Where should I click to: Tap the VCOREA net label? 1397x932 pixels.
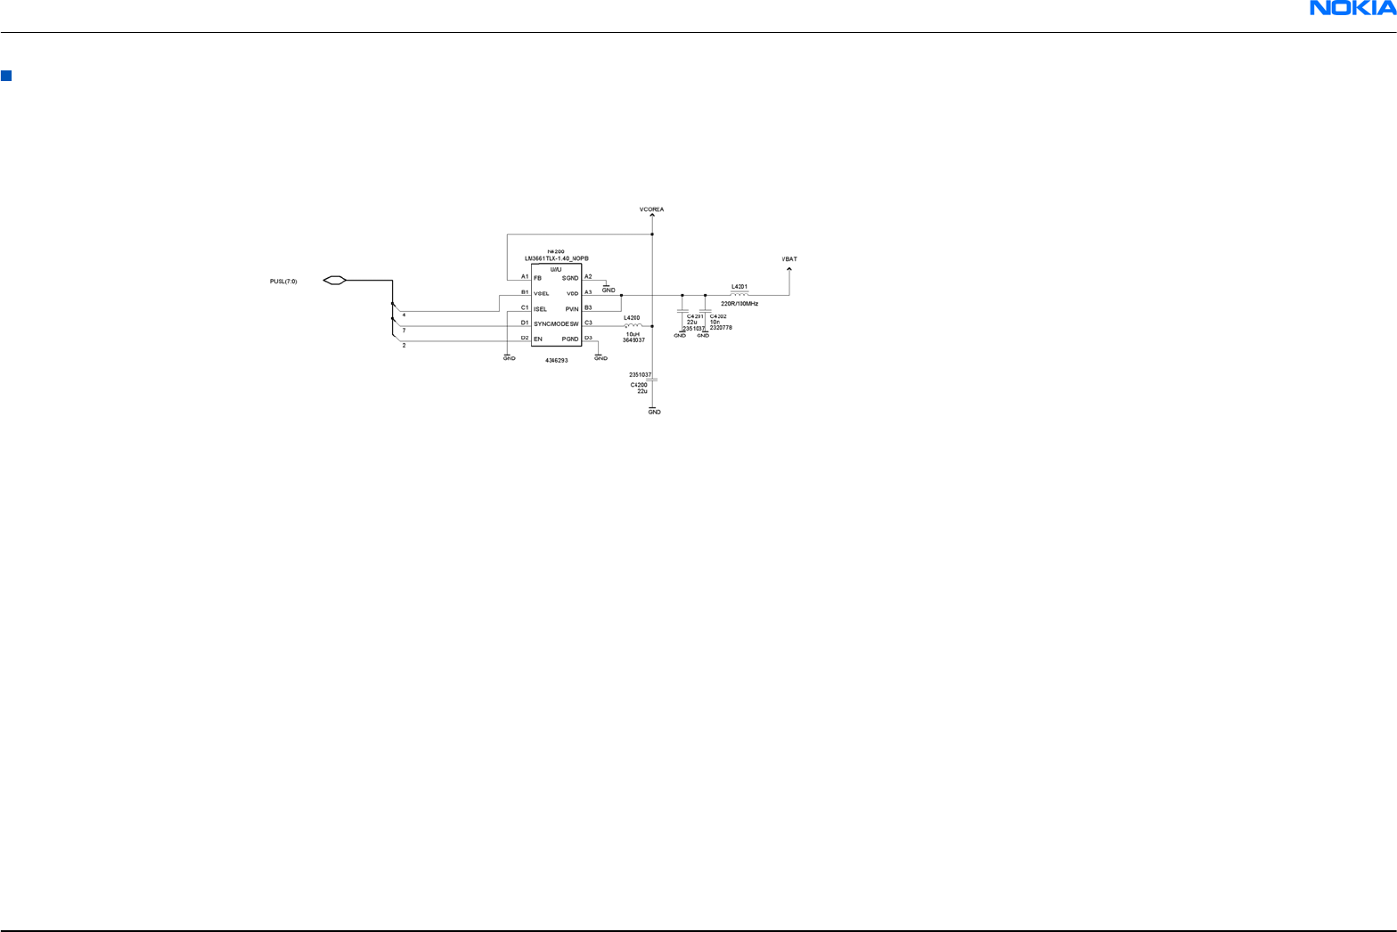pyautogui.click(x=651, y=209)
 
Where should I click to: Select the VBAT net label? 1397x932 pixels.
pyautogui.click(x=789, y=259)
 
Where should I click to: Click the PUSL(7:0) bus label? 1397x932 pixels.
pyautogui.click(x=283, y=282)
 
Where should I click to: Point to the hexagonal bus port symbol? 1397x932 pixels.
pyautogui.click(x=334, y=281)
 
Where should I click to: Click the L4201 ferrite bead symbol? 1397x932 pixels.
pyautogui.click(x=739, y=293)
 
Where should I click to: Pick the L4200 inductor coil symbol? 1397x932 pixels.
pyautogui.click(x=633, y=325)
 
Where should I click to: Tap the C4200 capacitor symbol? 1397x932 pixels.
pyautogui.click(x=653, y=380)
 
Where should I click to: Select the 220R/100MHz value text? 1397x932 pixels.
pyautogui.click(x=739, y=304)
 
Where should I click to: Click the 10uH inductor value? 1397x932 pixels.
pyautogui.click(x=633, y=334)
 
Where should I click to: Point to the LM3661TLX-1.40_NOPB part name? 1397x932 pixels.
pyautogui.click(x=557, y=258)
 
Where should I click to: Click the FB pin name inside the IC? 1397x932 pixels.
pyautogui.click(x=537, y=278)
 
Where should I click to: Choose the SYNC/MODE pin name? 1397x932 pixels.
pyautogui.click(x=551, y=324)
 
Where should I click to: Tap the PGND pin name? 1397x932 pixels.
pyautogui.click(x=570, y=339)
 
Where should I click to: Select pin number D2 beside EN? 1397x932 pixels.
pyautogui.click(x=525, y=338)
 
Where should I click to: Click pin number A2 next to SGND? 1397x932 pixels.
pyautogui.click(x=588, y=276)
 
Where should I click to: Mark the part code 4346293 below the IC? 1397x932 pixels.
pyautogui.click(x=557, y=360)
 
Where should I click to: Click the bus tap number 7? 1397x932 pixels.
pyautogui.click(x=404, y=331)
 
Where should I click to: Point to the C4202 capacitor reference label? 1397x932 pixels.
pyautogui.click(x=718, y=316)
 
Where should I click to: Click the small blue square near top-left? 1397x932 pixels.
pyautogui.click(x=5, y=76)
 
